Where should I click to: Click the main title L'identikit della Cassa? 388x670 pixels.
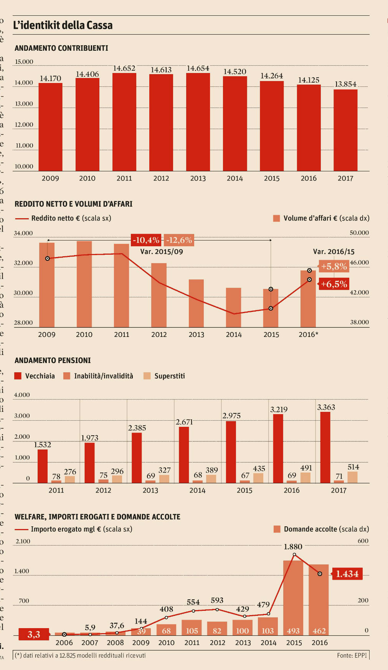[63, 25]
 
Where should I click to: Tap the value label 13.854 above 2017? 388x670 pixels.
[345, 84]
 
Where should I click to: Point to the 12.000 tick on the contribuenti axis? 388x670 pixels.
[24, 124]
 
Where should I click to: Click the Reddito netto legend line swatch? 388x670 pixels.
[21, 219]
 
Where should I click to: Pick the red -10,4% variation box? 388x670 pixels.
[146, 240]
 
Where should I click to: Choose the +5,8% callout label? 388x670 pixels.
[334, 266]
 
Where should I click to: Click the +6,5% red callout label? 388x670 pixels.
[334, 284]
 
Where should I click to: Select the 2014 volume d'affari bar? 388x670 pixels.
[233, 307]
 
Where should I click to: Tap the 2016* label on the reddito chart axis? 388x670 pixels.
[308, 335]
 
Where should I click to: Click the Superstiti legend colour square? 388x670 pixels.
[147, 376]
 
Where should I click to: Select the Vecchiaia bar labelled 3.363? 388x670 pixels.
[325, 447]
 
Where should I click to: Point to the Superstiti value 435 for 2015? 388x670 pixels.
[259, 469]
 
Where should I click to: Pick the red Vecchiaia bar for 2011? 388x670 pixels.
[43, 466]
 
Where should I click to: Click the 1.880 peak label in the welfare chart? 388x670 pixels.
[293, 547]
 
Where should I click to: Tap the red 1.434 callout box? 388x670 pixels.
[347, 574]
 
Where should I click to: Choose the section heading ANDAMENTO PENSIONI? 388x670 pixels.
[53, 360]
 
